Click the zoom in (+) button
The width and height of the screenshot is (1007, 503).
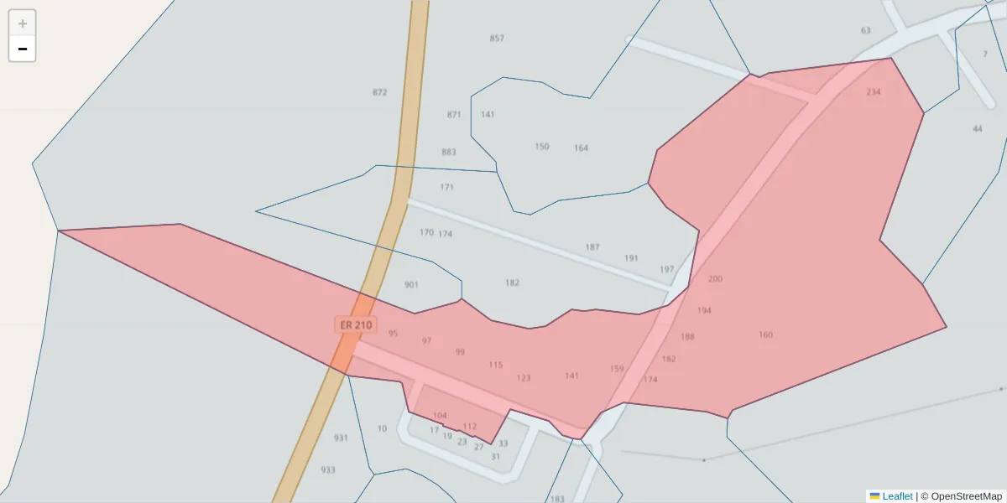(23, 23)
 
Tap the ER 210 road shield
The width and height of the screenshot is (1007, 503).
(355, 324)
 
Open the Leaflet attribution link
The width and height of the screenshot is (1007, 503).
(896, 496)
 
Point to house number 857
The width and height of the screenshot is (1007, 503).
(497, 39)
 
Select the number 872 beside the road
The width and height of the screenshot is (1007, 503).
(380, 92)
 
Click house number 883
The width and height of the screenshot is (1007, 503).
(449, 152)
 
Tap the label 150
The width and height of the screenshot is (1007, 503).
(542, 147)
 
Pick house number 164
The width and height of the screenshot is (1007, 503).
(581, 148)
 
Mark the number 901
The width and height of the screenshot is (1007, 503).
(411, 285)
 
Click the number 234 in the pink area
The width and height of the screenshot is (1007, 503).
(874, 92)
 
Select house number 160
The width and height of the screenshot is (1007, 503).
(765, 335)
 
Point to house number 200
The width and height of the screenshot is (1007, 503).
(715, 279)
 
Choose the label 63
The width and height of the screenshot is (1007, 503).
(866, 31)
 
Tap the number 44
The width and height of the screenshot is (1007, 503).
(977, 129)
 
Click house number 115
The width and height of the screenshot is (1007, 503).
(496, 366)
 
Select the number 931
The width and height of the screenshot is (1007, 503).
(341, 438)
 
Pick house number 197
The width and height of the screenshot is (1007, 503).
(666, 269)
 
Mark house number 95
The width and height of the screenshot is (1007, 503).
(394, 334)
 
